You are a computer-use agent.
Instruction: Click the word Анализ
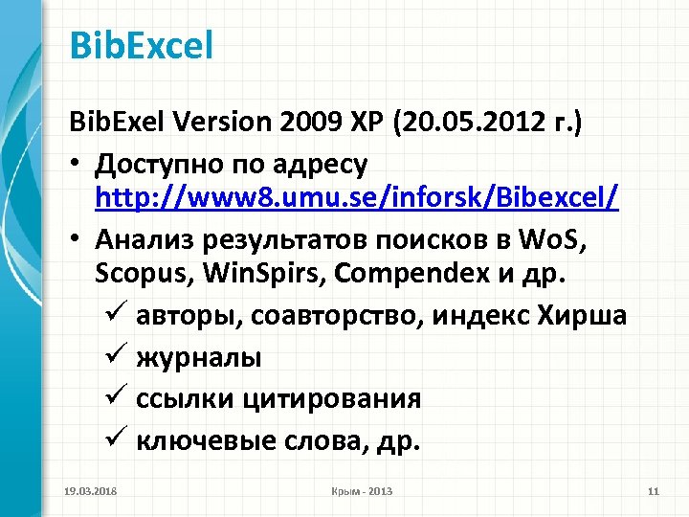(144, 238)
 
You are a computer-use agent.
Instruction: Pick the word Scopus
(140, 276)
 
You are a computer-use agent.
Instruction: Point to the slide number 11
(655, 491)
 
